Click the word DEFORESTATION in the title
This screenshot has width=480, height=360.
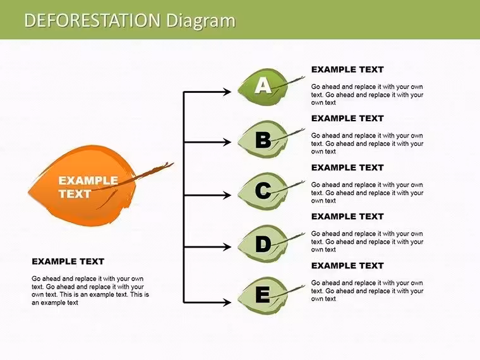[92, 20]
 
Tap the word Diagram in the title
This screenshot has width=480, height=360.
[201, 21]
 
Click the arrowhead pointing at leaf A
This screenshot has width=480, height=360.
[227, 92]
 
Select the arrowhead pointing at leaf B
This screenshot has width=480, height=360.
[227, 142]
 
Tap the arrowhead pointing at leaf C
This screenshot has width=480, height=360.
[227, 195]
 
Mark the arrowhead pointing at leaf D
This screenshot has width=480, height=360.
[227, 247]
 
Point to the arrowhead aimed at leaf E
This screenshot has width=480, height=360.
[227, 303]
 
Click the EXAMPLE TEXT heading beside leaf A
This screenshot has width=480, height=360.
[347, 69]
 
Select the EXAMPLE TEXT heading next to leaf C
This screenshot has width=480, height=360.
[347, 168]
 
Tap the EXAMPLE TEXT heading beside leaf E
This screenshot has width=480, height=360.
[347, 266]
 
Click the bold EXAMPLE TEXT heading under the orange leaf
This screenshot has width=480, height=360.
[68, 261]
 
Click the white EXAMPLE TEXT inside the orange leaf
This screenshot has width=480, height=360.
[88, 187]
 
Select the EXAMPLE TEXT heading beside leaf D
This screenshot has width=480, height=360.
[347, 217]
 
